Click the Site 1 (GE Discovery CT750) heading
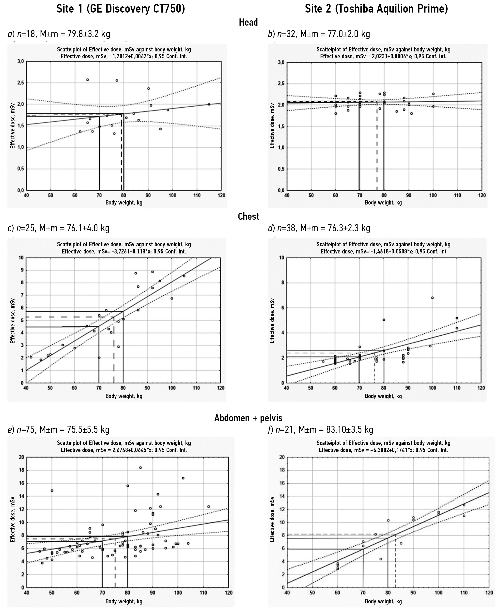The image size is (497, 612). point(121,9)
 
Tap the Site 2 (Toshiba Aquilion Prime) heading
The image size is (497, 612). point(376,9)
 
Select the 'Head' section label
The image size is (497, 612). point(248,22)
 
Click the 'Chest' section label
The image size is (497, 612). point(248,217)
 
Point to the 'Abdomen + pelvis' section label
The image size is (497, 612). point(248,418)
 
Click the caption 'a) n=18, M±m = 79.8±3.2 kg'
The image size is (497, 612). point(59,34)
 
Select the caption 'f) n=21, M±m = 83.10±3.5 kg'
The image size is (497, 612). point(320,430)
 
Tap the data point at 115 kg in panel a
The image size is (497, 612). point(209,104)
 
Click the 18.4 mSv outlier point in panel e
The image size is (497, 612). point(140,468)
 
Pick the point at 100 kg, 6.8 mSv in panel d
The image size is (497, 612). point(432,298)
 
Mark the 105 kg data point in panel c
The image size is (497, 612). point(184,276)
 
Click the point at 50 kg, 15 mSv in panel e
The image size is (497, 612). point(52,491)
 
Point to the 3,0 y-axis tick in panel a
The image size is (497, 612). point(20,61)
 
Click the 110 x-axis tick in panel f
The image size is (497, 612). point(464,593)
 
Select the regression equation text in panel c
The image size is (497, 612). point(124,252)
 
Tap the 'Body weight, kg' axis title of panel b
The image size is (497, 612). point(383,203)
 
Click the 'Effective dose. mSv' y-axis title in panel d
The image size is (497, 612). point(272,321)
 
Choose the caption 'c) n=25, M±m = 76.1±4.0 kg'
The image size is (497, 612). point(59,228)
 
